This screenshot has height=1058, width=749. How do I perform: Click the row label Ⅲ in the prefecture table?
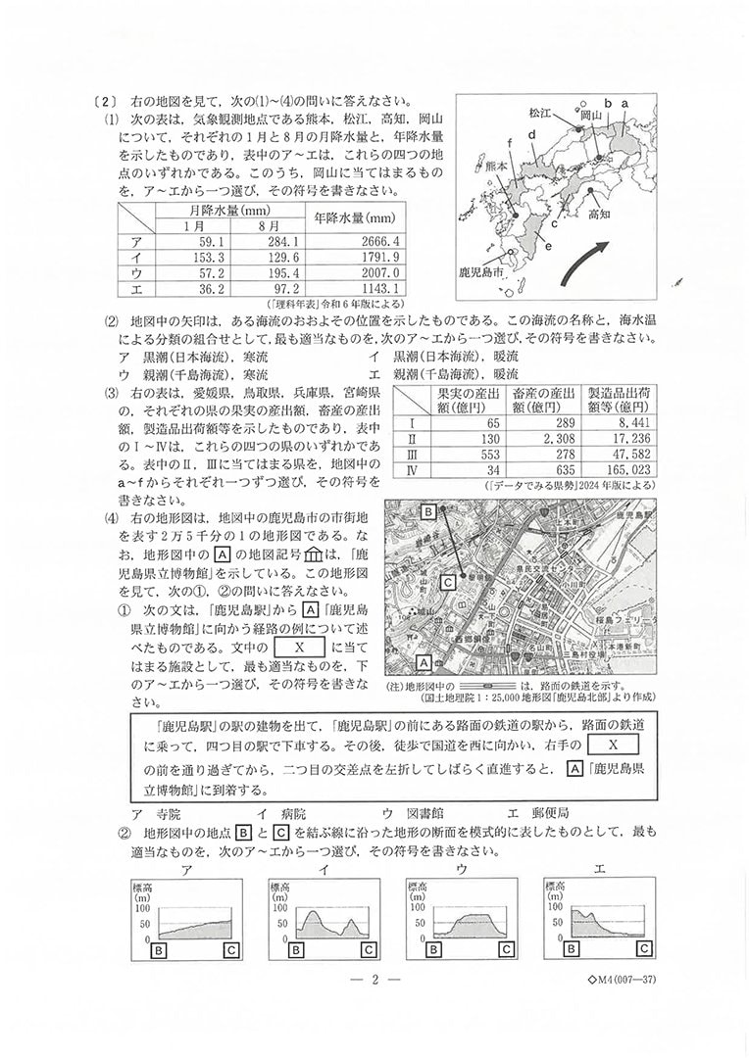[412, 456]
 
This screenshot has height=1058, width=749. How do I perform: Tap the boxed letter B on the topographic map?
[428, 511]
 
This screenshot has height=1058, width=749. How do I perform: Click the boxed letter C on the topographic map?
[447, 582]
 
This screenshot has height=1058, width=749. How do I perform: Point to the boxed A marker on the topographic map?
[424, 660]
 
